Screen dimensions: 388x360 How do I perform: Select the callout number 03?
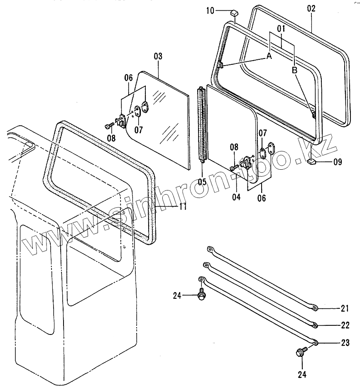(158, 56)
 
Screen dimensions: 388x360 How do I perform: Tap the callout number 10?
(210, 11)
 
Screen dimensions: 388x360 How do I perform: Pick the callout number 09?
(338, 162)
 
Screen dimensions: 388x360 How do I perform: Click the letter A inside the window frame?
(269, 56)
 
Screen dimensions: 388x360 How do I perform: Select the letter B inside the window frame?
(295, 71)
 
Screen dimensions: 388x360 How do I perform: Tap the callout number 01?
(281, 29)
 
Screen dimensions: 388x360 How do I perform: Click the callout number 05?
(202, 181)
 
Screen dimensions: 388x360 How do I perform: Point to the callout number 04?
(236, 197)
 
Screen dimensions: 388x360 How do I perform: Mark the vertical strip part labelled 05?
(202, 124)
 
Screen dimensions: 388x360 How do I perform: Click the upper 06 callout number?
(128, 77)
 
